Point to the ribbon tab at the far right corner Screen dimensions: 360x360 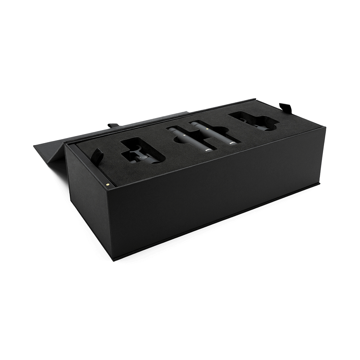point(286,107)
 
